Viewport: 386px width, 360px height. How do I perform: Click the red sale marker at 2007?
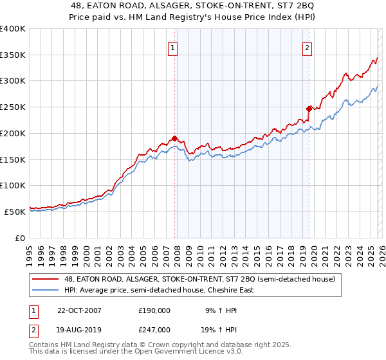tap(174, 138)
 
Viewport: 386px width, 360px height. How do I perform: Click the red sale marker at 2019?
tap(309, 109)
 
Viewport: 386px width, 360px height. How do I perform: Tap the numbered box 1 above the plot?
tap(173, 47)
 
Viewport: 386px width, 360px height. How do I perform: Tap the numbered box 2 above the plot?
tap(308, 47)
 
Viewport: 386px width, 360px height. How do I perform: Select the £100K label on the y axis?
tap(13, 185)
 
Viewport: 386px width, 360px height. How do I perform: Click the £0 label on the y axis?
tap(19, 238)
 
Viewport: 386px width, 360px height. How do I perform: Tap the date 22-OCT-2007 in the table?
tap(79, 310)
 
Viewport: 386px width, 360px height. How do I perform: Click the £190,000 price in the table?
tap(154, 310)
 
